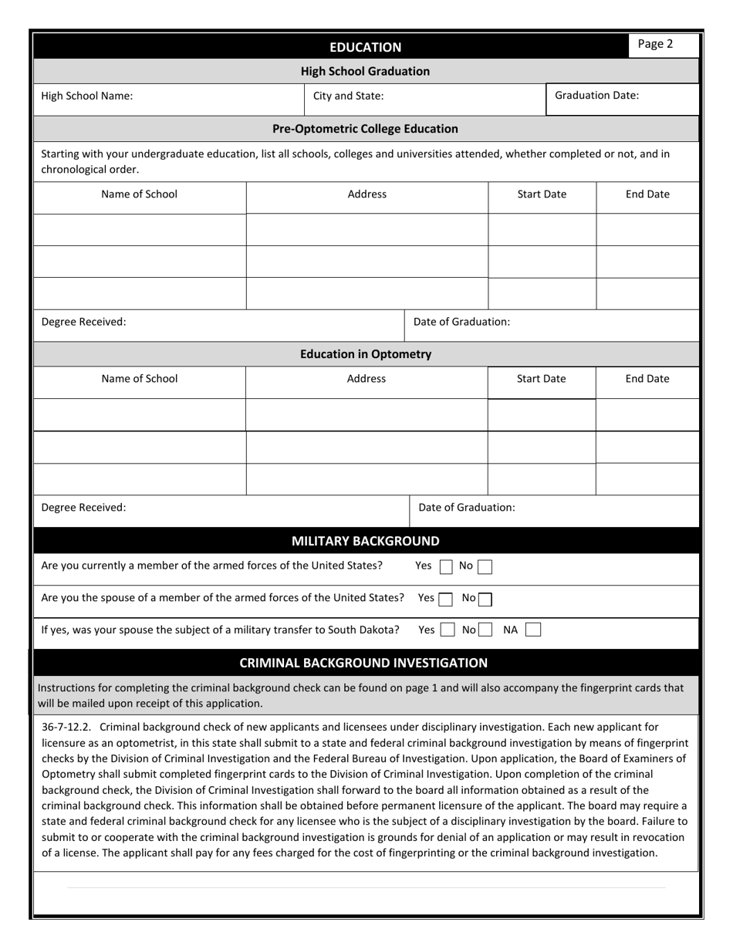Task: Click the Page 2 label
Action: click(x=655, y=44)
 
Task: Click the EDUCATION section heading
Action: click(x=365, y=47)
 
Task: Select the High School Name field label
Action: click(x=86, y=96)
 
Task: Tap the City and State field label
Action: click(x=348, y=96)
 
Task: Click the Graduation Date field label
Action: click(x=596, y=96)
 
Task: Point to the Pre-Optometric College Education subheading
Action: click(x=365, y=129)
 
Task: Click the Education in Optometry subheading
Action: click(x=366, y=354)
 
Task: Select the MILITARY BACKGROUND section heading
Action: click(x=365, y=541)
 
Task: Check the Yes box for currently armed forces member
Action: click(x=446, y=567)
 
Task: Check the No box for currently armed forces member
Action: click(x=485, y=567)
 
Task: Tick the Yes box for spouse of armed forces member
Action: click(x=446, y=599)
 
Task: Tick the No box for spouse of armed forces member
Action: click(x=485, y=599)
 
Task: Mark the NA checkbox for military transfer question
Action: click(x=532, y=630)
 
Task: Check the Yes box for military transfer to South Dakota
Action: click(x=448, y=630)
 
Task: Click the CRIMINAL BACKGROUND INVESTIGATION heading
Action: click(x=363, y=663)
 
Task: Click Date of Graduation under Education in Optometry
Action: click(x=467, y=508)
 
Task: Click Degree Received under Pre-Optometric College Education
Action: click(x=83, y=322)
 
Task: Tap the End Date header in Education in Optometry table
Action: click(x=647, y=379)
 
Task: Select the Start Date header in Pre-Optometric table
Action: click(x=542, y=194)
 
